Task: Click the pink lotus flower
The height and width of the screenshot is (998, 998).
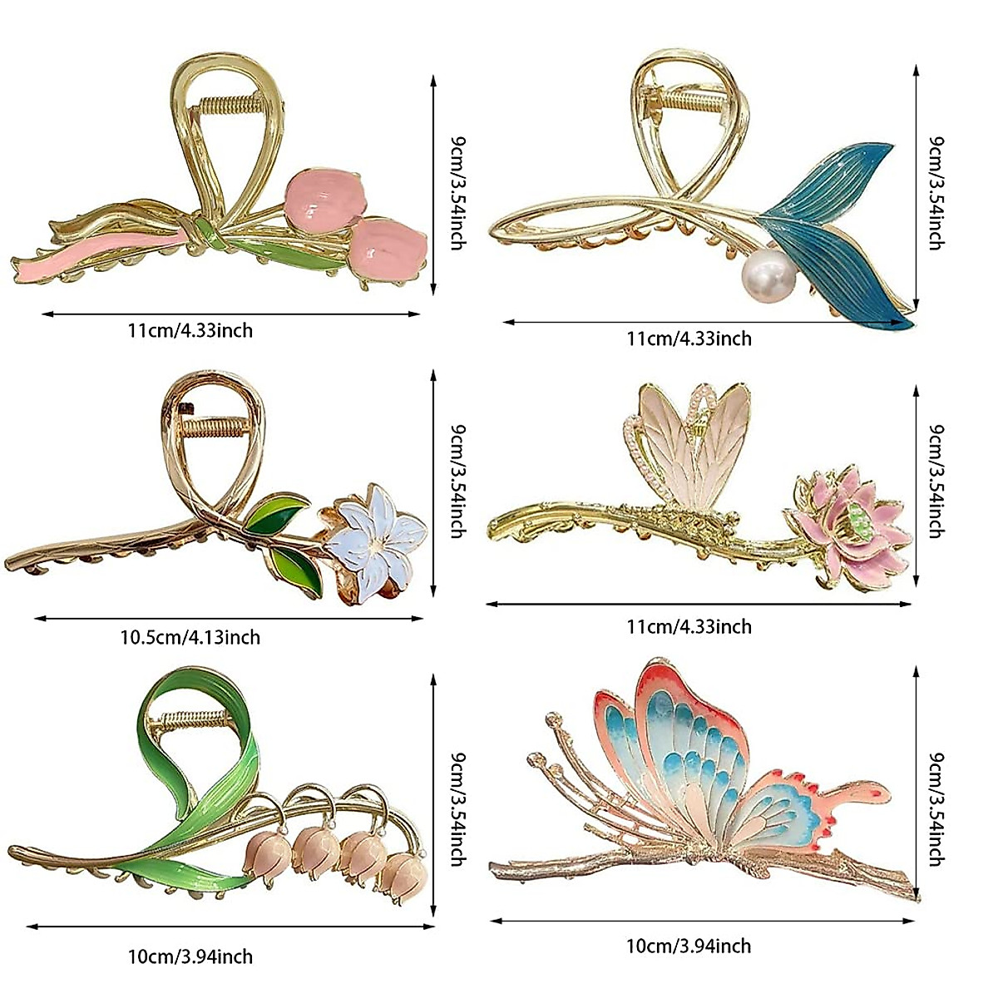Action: [x=846, y=524]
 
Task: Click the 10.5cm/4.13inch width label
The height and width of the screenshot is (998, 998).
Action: [x=190, y=638]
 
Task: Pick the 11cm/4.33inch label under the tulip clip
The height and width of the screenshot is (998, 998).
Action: [x=190, y=330]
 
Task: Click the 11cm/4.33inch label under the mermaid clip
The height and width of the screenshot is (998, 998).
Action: [x=689, y=338]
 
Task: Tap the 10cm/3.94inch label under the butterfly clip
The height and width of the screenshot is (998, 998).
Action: [x=689, y=946]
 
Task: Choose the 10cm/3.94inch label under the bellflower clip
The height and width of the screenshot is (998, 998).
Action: [x=190, y=956]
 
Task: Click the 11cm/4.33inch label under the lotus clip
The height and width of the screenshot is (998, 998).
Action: [x=689, y=626]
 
